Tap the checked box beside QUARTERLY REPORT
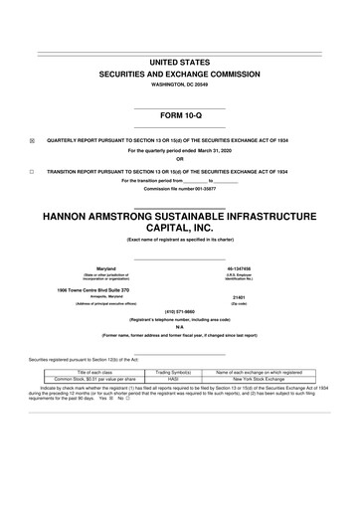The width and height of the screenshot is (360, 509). (32, 140)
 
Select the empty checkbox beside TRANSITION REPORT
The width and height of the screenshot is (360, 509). (32, 172)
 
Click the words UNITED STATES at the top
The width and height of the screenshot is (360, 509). (179, 62)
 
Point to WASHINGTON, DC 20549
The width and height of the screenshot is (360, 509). (179, 85)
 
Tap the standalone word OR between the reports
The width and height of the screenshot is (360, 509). (179, 161)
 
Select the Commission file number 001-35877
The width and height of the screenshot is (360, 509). (179, 188)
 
